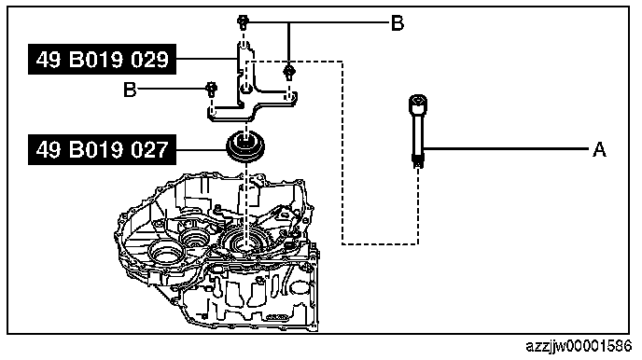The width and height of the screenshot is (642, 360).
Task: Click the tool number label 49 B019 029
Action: pyautogui.click(x=102, y=60)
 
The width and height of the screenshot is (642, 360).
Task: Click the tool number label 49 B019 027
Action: pyautogui.click(x=102, y=150)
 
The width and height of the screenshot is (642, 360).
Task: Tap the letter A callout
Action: pyautogui.click(x=599, y=149)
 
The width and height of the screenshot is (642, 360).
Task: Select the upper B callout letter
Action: pyautogui.click(x=398, y=23)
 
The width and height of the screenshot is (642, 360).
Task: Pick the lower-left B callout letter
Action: pyautogui.click(x=130, y=90)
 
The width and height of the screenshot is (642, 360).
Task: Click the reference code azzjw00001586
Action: pyautogui.click(x=579, y=347)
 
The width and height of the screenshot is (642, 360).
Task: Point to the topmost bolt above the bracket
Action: pyautogui.click(x=244, y=22)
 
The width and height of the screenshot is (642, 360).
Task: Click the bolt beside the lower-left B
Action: pyautogui.click(x=211, y=89)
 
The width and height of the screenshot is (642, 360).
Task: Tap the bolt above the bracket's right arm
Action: pyautogui.click(x=289, y=72)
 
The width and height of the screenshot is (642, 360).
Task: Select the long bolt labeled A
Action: pyautogui.click(x=418, y=131)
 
